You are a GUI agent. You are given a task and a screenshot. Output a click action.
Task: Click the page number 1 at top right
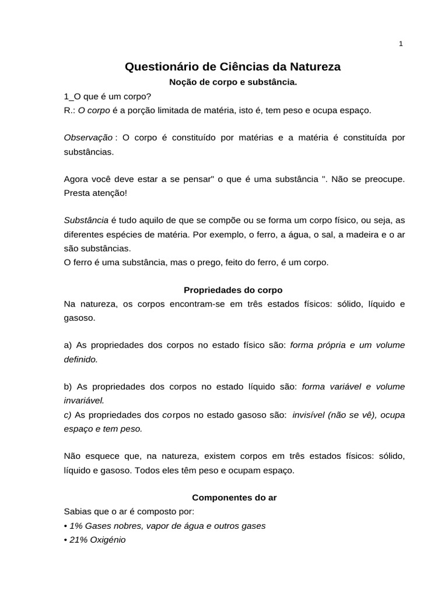[x=401, y=44]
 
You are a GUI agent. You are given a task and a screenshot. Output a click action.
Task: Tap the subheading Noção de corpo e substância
[x=233, y=83]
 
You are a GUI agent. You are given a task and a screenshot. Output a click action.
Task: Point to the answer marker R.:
[x=69, y=110]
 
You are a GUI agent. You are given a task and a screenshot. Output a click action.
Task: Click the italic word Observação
[x=88, y=137]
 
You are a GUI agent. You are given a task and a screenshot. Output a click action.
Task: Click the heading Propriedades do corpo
[x=233, y=289]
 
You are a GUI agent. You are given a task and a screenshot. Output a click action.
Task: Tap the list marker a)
[x=68, y=345]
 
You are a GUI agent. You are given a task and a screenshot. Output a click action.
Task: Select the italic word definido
[x=80, y=359]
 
